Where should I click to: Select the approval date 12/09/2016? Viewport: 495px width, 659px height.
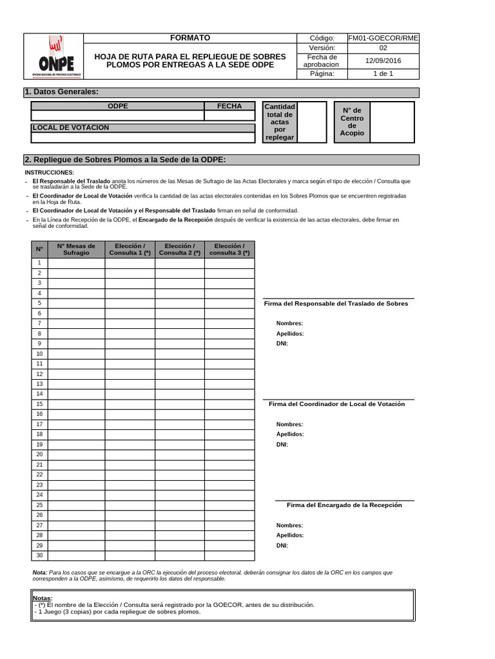coord(383,60)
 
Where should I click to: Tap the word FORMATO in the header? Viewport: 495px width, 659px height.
coord(189,38)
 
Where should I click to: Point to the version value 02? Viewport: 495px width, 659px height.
coord(383,48)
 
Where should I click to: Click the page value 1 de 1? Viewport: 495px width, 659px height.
coord(383,74)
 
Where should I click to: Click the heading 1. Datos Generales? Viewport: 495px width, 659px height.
coord(62,92)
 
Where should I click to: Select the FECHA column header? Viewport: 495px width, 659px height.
coord(229,106)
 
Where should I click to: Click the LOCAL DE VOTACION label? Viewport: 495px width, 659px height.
coord(71,127)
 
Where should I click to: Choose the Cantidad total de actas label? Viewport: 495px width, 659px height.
coord(280,122)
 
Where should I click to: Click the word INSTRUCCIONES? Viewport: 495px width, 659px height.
coord(49,172)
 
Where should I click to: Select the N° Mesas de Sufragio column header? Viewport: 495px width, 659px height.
coord(76,249)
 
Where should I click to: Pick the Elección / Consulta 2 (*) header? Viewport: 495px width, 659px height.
coord(180,249)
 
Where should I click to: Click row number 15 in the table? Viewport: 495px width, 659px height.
coord(39,404)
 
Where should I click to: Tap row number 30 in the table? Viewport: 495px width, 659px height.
coord(39,555)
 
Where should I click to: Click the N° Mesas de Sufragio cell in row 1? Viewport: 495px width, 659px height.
coord(76,263)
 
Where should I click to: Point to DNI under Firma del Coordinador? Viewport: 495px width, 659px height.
coord(282,444)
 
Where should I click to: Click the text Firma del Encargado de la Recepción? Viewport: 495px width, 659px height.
coord(344,505)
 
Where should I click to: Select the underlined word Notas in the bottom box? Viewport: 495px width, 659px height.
coord(43,598)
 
